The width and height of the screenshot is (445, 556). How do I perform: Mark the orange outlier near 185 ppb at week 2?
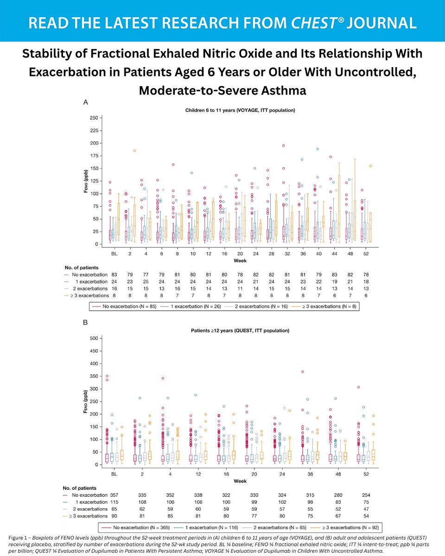(134, 151)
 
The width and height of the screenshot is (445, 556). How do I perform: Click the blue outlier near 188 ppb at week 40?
(318, 149)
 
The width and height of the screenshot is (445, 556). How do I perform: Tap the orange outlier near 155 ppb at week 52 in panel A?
(370, 166)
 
